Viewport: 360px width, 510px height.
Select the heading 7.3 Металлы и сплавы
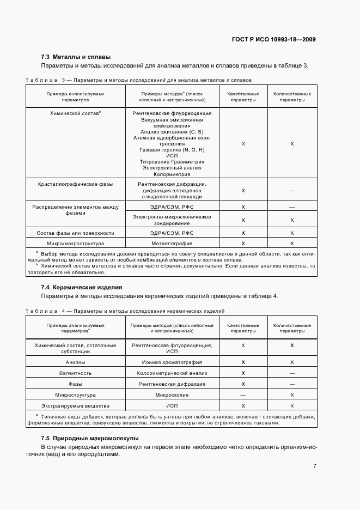(76, 57)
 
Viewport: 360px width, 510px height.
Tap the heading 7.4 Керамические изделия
(82, 287)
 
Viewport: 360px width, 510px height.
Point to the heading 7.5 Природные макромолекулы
(90, 438)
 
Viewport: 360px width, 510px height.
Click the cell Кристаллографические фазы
(75, 184)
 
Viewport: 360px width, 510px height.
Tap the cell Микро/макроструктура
(75, 243)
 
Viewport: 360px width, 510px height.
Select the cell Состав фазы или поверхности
(75, 233)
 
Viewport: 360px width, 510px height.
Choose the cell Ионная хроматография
(172, 362)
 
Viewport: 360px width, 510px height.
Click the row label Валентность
(75, 373)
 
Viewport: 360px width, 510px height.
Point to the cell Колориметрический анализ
(172, 373)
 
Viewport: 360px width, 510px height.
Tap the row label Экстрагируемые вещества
(75, 406)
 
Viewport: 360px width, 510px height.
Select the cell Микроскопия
(172, 395)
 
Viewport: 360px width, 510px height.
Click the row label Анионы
(75, 362)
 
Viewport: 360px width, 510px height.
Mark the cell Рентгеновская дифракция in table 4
(172, 384)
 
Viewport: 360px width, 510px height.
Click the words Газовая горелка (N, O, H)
(172, 149)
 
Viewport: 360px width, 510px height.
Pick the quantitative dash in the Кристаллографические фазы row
(292, 191)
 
